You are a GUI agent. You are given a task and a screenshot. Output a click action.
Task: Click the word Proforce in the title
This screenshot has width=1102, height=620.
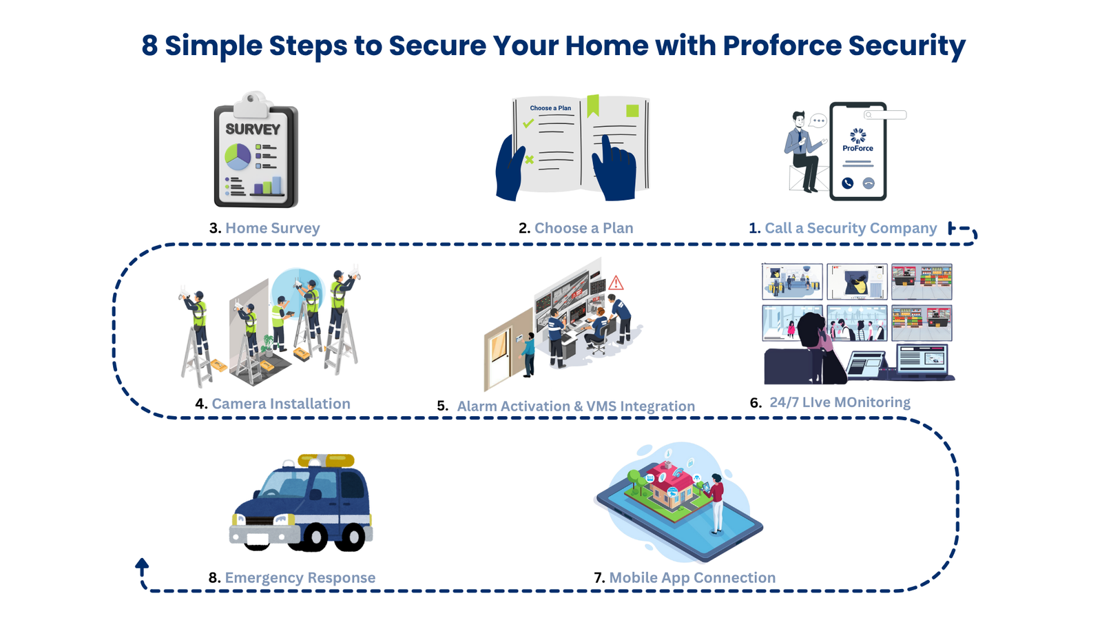(782, 45)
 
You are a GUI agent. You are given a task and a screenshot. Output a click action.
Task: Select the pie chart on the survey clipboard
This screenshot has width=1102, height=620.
(238, 157)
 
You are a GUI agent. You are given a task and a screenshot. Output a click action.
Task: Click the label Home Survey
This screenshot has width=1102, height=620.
(272, 228)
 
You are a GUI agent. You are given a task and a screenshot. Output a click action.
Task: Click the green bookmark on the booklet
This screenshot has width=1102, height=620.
(592, 105)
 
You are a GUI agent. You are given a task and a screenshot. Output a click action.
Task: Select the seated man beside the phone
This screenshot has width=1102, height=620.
(802, 152)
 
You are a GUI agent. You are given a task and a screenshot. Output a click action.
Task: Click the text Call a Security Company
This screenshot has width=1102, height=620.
(851, 228)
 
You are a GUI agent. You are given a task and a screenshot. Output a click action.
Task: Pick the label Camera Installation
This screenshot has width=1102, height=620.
(280, 404)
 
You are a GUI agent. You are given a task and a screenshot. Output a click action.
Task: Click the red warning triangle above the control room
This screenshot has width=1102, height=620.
(616, 282)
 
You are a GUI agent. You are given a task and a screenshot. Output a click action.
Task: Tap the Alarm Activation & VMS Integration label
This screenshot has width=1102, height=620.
(576, 406)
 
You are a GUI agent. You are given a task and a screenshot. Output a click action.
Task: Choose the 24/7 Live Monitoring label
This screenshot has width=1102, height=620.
(840, 402)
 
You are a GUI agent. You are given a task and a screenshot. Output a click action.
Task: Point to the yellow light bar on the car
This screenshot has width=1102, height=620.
(326, 460)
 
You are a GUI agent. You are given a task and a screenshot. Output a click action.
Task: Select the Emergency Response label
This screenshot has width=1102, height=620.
(300, 578)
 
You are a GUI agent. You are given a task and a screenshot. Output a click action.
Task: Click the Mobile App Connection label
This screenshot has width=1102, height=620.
(692, 578)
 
